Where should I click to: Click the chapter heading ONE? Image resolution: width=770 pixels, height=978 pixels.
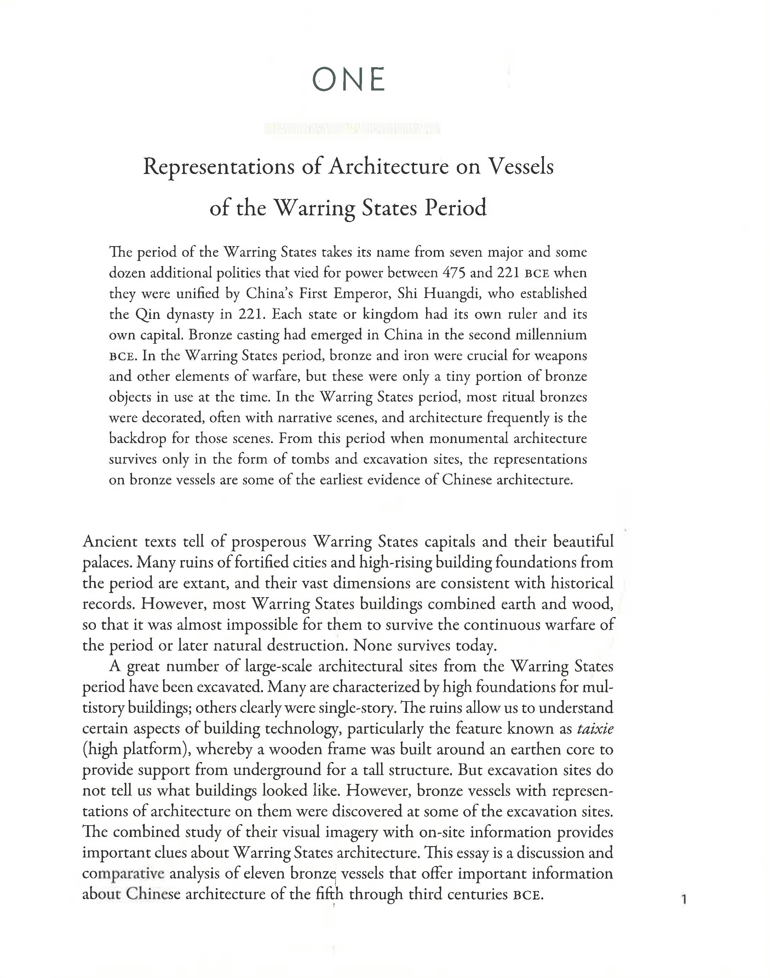point(349,80)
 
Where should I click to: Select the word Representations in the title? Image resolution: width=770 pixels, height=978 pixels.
point(218,167)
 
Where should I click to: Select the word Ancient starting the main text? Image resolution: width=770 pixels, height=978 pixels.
point(110,541)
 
